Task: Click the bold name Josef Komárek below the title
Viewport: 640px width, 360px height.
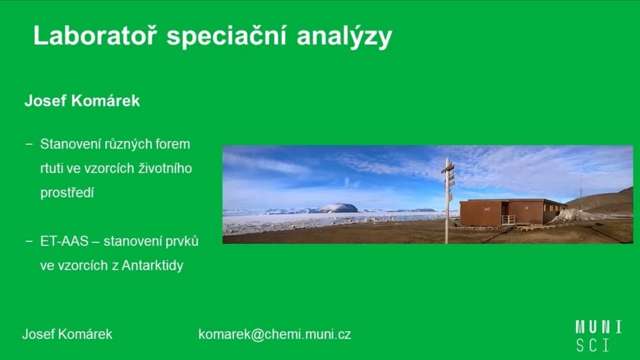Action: pyautogui.click(x=82, y=101)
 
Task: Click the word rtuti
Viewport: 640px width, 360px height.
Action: pyautogui.click(x=52, y=168)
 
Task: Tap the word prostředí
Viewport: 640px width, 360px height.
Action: pyautogui.click(x=66, y=193)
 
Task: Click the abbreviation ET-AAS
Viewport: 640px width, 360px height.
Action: pyautogui.click(x=64, y=241)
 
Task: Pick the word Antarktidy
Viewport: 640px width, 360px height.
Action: pyautogui.click(x=153, y=265)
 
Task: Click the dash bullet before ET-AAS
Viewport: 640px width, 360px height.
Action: pyautogui.click(x=29, y=241)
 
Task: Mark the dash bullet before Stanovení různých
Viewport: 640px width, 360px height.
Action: pyautogui.click(x=29, y=144)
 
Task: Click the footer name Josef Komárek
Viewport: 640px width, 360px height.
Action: pyautogui.click(x=67, y=334)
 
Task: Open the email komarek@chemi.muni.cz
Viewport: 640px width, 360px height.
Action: pyautogui.click(x=275, y=334)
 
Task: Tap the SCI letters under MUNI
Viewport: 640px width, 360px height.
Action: pyautogui.click(x=593, y=344)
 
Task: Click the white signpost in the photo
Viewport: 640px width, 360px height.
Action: pyautogui.click(x=447, y=197)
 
